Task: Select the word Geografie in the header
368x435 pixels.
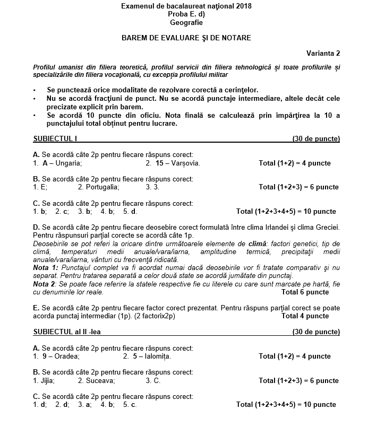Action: [186, 23]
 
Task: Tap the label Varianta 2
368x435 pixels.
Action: [323, 53]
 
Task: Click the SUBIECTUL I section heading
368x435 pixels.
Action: [55, 139]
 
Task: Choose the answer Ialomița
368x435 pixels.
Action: [157, 356]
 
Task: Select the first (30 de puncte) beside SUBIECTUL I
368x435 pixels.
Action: [316, 139]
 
